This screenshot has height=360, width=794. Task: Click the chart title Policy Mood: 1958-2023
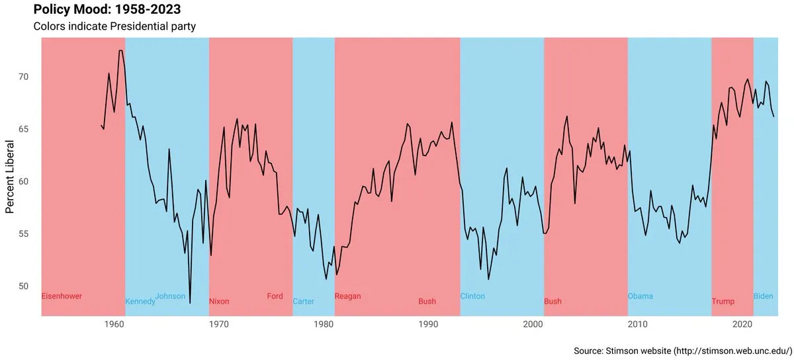[x=107, y=9]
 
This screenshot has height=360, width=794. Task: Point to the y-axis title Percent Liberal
[x=10, y=177]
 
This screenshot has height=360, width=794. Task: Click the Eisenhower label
[x=62, y=296]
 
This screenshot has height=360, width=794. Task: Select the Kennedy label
[x=140, y=302]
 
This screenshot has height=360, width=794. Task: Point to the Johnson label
[x=170, y=296]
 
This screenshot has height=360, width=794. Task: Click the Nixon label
[x=219, y=302]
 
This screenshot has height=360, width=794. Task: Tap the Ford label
[x=275, y=296]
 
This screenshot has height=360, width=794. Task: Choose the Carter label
[x=304, y=302]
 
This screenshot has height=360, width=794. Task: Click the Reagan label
[x=348, y=296]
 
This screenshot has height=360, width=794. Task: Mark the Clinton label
[x=472, y=296]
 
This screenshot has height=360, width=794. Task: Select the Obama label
[x=640, y=296]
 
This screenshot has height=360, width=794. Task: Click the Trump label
[x=723, y=302]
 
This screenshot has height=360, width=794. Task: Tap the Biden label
[x=763, y=296]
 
